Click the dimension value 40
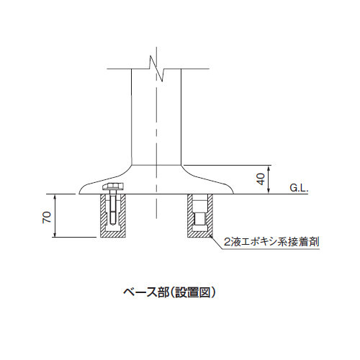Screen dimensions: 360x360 coord(261,179)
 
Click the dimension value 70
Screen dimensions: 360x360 coord(47,217)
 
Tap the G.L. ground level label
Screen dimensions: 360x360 coord(299,188)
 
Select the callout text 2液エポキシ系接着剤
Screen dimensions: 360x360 coord(271,242)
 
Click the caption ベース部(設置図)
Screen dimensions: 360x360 coord(169,292)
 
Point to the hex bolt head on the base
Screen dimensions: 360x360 coord(113,186)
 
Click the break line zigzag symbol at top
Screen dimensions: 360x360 coord(156,68)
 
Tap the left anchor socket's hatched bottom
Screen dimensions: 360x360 coord(113,235)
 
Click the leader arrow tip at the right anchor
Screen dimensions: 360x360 coord(210,235)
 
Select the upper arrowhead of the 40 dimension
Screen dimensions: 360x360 coord(269,167)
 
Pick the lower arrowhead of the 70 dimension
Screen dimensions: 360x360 coord(55,235)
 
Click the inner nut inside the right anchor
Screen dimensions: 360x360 coord(200,218)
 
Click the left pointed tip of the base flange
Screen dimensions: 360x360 coord(79,193)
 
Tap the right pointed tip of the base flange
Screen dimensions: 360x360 coord(233,193)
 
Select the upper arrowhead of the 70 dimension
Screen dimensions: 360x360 coord(55,196)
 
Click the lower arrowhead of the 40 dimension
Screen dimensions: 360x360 coord(269,192)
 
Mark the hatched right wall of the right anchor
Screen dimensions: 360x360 coord(210,214)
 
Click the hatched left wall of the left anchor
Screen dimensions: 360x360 coord(103,214)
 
